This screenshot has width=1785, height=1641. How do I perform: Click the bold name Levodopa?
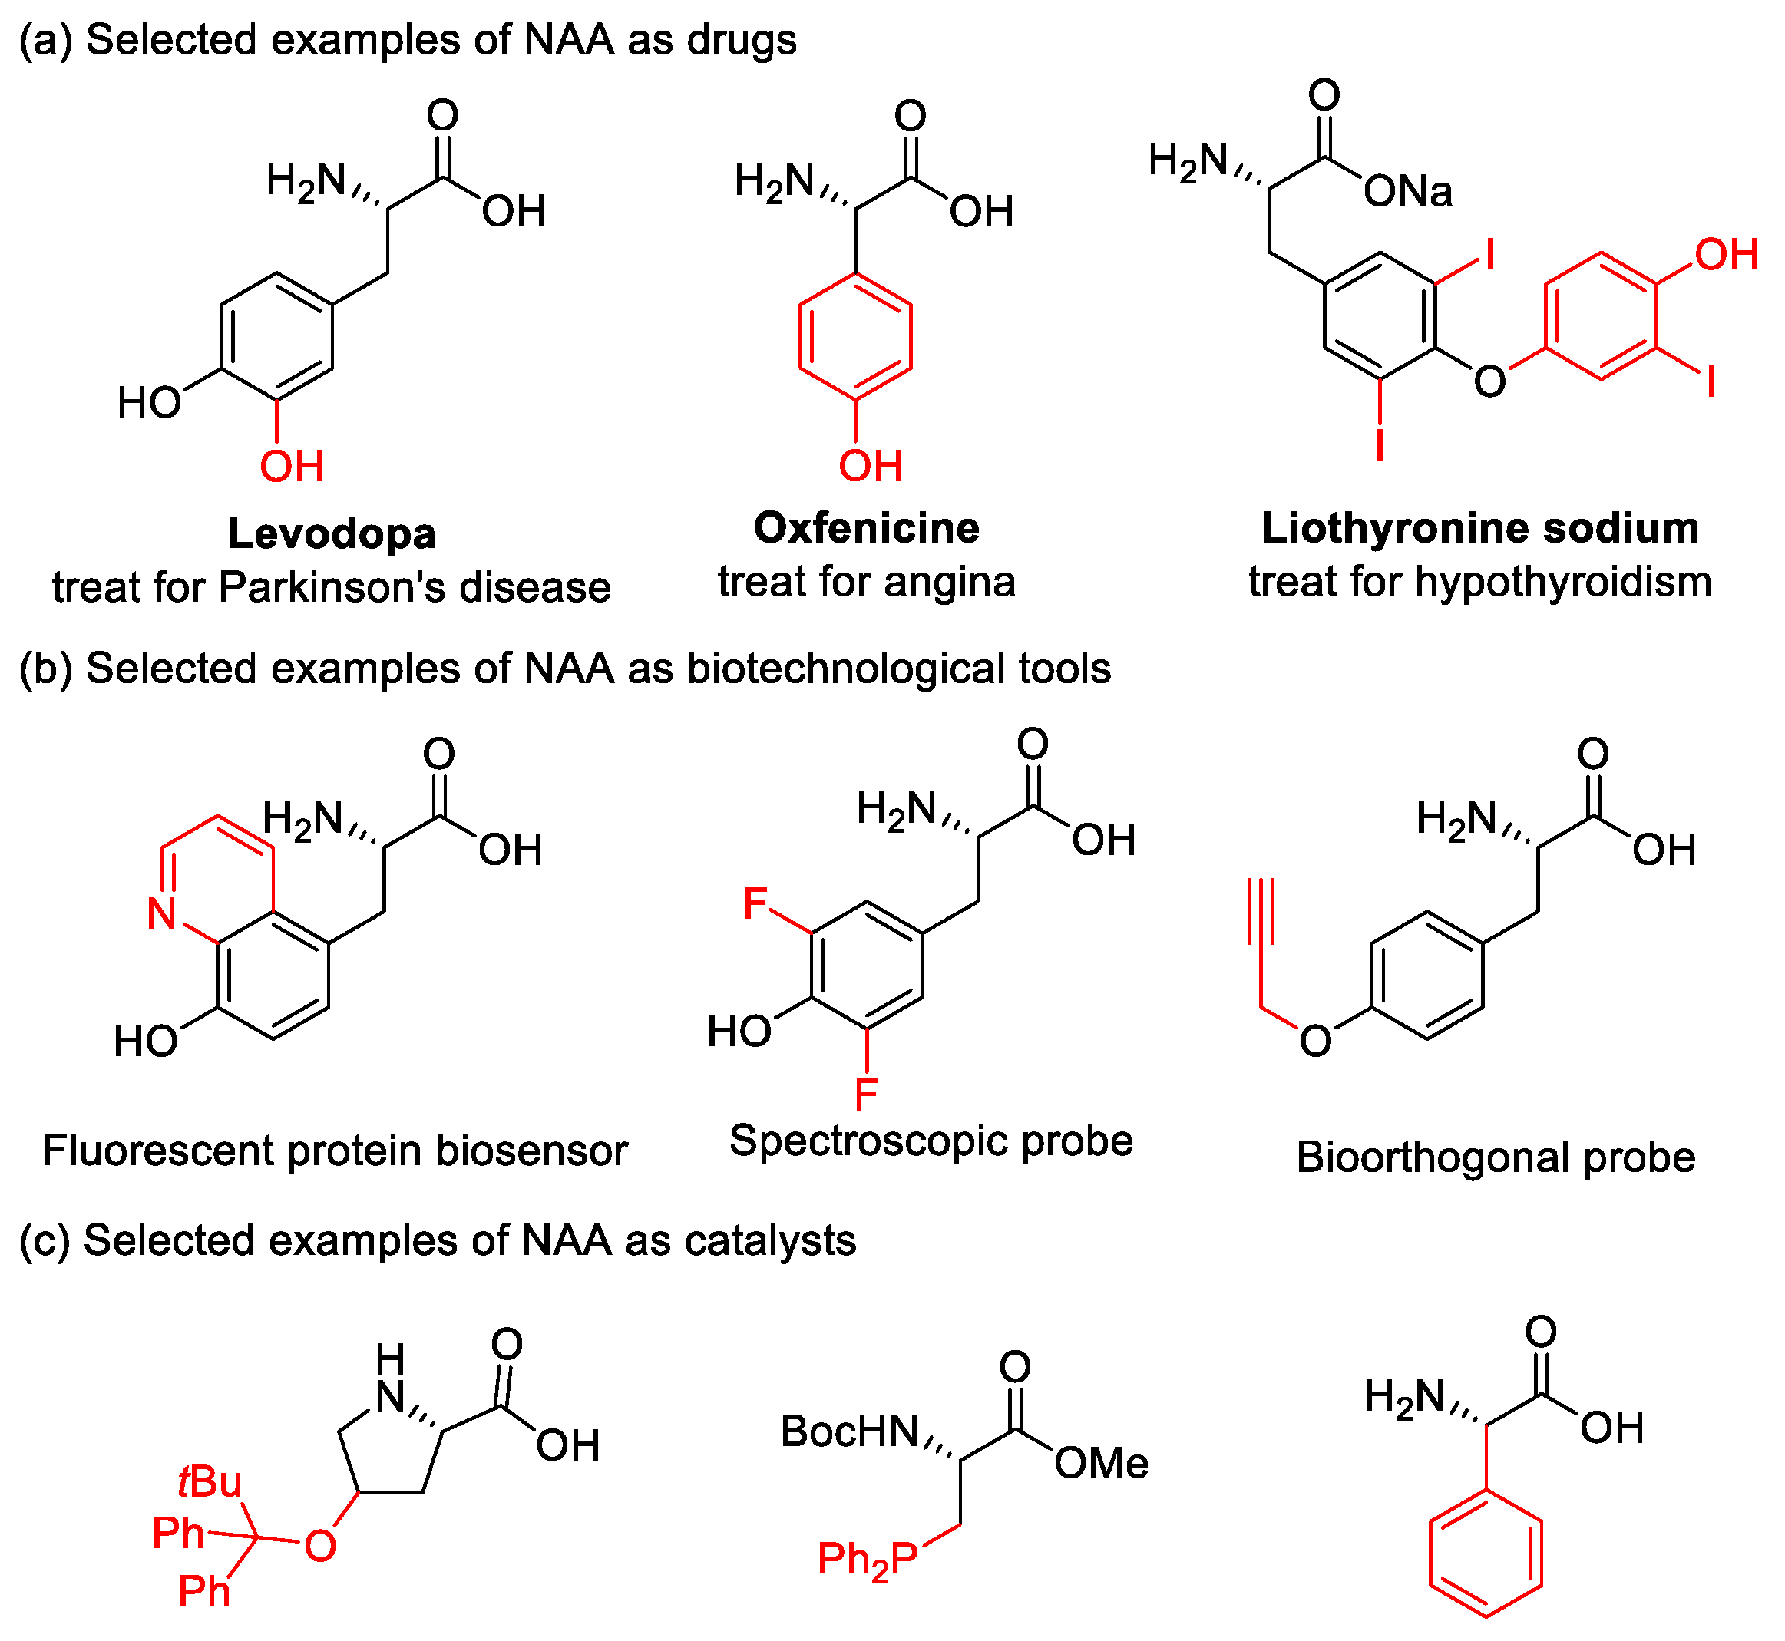332,533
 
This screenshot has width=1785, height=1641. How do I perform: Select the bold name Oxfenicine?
866,528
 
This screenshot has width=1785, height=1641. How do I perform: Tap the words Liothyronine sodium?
1479,528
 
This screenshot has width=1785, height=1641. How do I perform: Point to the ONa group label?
1407,192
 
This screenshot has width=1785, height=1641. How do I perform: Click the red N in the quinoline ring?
162,913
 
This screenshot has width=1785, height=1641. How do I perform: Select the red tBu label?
210,1482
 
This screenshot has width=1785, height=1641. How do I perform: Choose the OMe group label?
1101,1464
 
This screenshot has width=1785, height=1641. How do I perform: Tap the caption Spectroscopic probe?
931,1141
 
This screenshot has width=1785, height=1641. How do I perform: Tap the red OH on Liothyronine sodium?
1727,255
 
